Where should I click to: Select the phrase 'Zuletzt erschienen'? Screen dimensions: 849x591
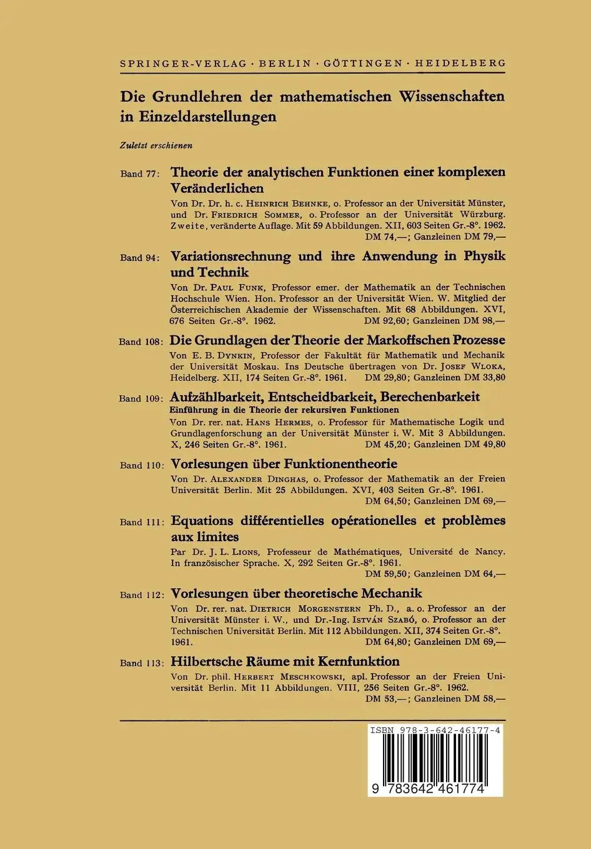pos(156,145)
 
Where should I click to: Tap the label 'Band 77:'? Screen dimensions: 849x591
pos(141,174)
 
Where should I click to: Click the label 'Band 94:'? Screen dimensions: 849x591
pos(141,258)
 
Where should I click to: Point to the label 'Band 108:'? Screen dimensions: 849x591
pos(141,342)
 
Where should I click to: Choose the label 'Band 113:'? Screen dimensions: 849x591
pos(141,663)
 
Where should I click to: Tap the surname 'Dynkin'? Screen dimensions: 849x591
pos(227,355)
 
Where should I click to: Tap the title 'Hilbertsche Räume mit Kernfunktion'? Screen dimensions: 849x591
pos(285,661)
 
